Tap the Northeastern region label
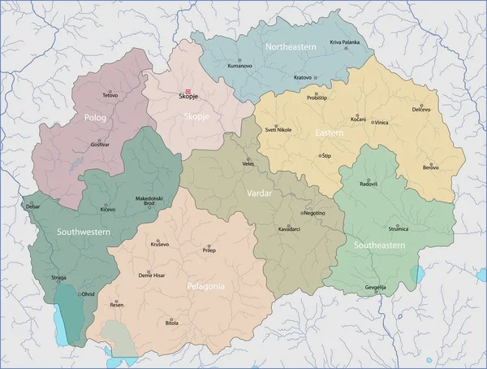pos(291,47)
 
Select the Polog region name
pos(96,117)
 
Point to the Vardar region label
pos(259,194)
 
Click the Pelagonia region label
pos(205,286)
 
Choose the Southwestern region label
pos(83,232)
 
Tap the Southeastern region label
pos(379,244)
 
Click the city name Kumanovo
pos(240,65)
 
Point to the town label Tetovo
pos(110,96)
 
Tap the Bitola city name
pos(172,323)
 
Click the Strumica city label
pos(399,228)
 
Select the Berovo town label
pos(430,167)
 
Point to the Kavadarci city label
pos(289,228)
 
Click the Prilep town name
pos(209,251)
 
